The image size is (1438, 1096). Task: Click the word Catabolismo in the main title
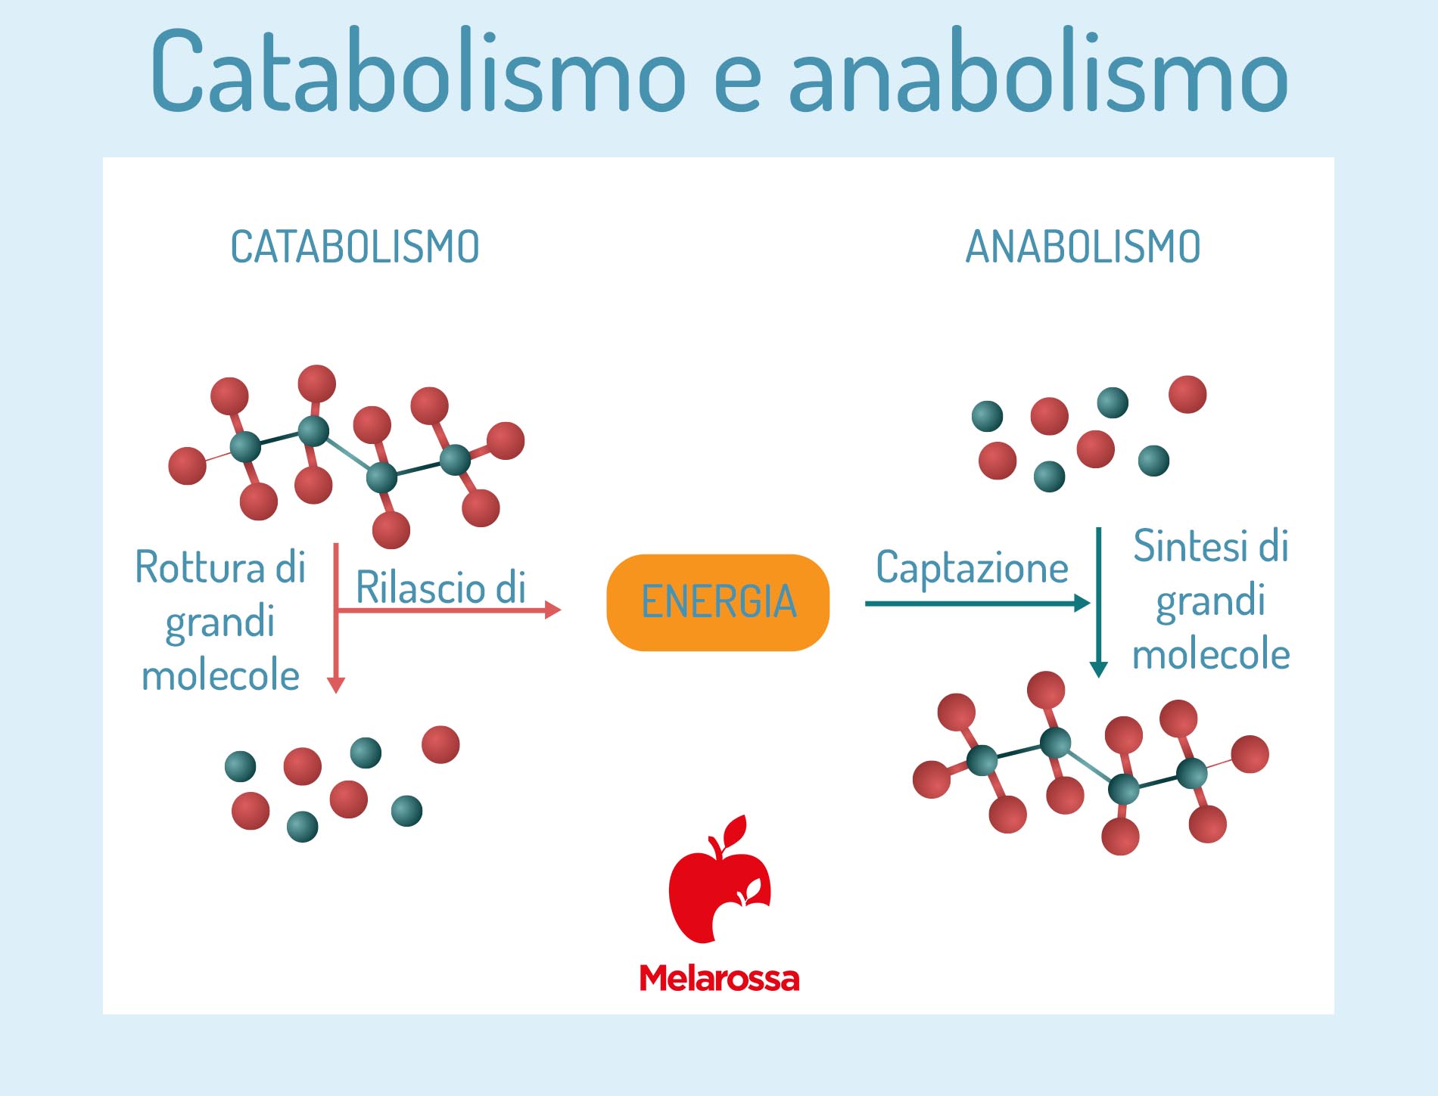419,72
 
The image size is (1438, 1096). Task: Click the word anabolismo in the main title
1038,72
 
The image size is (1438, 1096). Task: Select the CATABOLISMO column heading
355,247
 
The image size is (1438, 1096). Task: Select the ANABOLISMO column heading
1083,247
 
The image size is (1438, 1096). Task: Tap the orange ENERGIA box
717,602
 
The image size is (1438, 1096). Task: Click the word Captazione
972,568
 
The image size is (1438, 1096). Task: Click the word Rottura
201,567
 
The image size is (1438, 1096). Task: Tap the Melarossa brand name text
719,978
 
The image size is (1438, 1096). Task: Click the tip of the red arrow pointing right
561,610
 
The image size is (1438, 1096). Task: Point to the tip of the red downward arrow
336,693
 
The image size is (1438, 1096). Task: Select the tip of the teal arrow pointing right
1090,603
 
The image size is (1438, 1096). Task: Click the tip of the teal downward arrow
1098,678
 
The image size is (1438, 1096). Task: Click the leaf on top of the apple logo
734,830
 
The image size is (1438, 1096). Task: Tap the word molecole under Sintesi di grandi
1211,654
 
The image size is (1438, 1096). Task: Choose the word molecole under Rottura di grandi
220,675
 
